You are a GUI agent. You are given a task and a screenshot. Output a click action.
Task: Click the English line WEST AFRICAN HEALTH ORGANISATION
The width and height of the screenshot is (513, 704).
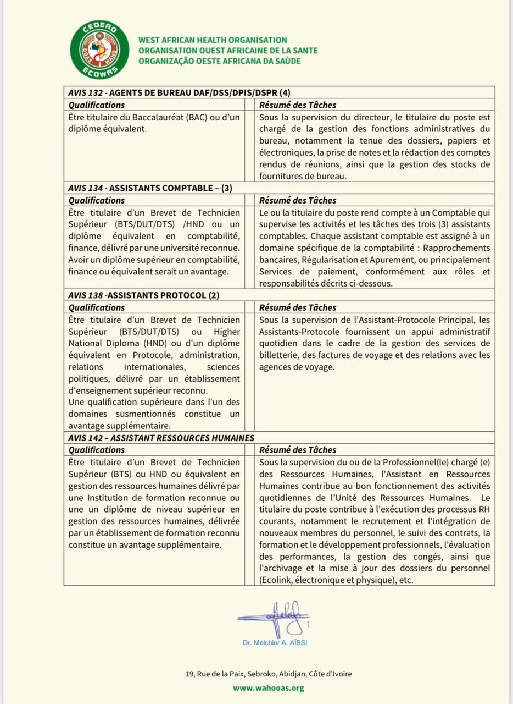tap(213, 40)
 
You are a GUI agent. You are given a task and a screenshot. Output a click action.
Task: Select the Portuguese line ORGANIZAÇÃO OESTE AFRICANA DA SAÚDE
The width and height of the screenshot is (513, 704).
tap(219, 61)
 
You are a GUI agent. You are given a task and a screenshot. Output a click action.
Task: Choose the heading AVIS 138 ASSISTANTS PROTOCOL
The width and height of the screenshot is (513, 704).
tap(143, 295)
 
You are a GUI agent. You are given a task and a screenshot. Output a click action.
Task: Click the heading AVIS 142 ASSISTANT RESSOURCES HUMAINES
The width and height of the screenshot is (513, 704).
tap(161, 438)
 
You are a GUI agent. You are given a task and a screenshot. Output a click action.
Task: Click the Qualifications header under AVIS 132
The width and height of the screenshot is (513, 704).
tap(96, 105)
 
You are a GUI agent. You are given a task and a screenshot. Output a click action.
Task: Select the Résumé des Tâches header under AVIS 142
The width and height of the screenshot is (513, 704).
tap(297, 450)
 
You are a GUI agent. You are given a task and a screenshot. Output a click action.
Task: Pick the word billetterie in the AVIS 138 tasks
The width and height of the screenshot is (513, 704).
tap(281, 355)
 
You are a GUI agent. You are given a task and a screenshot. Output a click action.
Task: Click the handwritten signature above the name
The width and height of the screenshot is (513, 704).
tap(274, 618)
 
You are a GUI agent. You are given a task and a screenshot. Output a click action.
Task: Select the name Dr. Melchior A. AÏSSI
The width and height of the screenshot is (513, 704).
tap(274, 642)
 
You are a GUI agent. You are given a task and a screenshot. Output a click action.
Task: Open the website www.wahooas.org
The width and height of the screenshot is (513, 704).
tap(268, 688)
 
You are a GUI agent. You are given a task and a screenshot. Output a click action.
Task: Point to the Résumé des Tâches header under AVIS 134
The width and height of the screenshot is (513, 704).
tap(297, 200)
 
